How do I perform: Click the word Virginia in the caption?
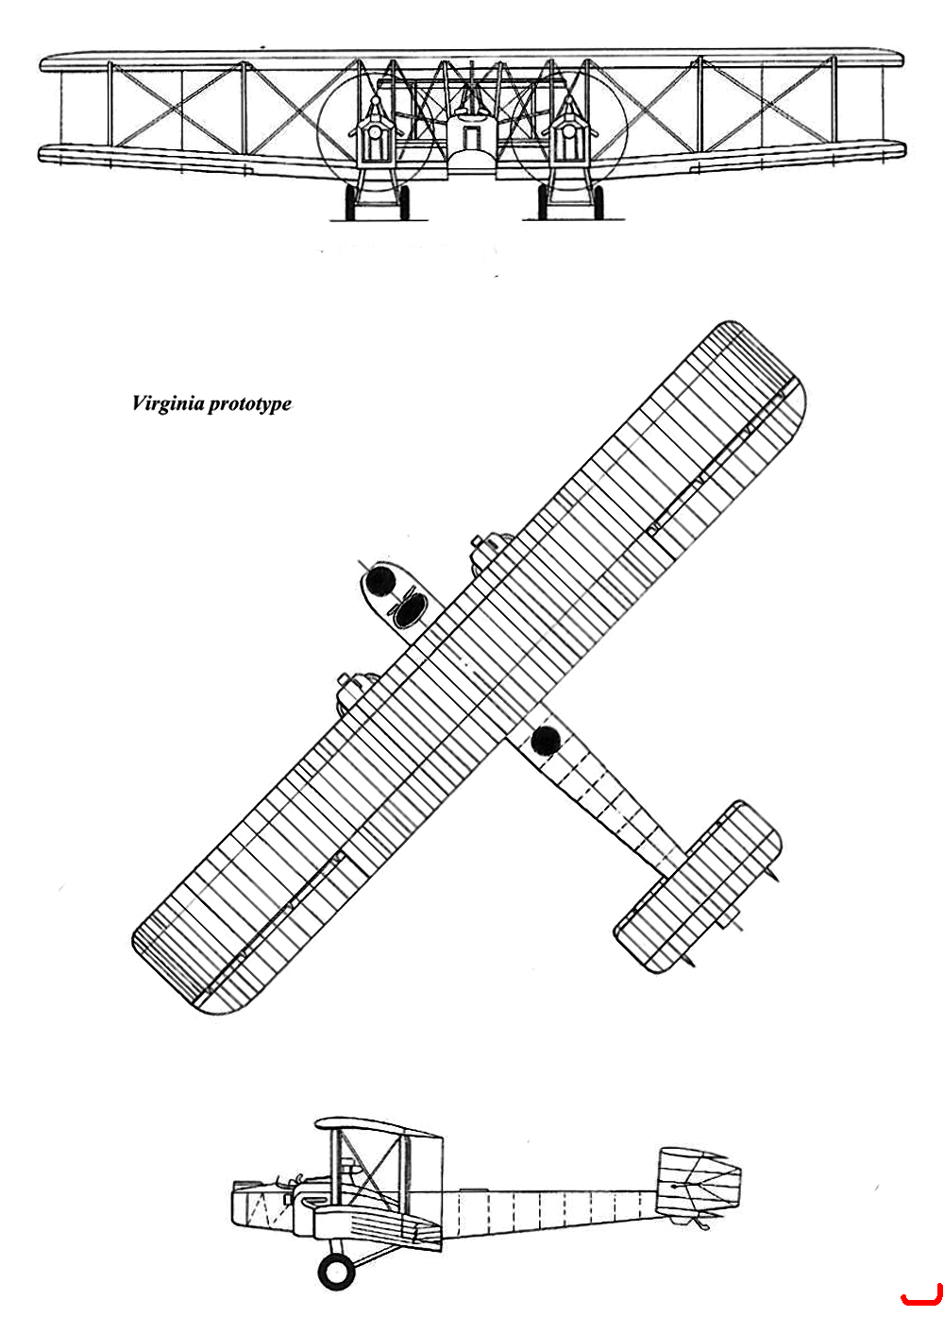coord(168,404)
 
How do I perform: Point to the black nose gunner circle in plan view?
coord(380,580)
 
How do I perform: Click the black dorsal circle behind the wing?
coord(545,740)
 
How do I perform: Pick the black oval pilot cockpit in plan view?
coord(408,612)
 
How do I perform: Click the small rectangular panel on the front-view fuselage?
coord(470,137)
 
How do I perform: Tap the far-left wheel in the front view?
coord(350,203)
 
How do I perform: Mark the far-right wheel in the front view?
coord(598,203)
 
